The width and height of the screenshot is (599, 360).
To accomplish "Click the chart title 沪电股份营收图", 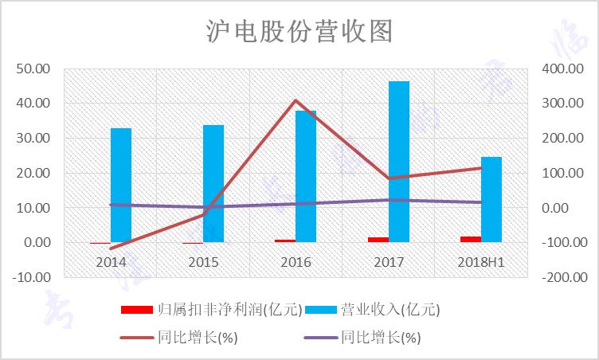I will (x=299, y=31).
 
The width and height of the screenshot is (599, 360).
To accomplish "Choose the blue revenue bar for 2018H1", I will (x=491, y=199).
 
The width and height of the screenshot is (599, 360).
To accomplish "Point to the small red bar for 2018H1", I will (x=471, y=239).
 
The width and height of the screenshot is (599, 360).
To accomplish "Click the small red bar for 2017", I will (x=378, y=240).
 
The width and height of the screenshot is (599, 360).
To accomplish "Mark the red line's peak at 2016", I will (x=296, y=100).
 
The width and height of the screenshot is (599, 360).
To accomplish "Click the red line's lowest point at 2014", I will (x=111, y=248).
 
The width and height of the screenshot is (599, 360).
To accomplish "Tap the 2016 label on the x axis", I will (x=296, y=261).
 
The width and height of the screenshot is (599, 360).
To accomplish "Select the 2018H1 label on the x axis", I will (x=480, y=261).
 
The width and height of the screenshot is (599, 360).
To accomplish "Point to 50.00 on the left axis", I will (x=33, y=68).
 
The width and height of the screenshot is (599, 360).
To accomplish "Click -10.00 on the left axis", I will (x=32, y=277).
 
